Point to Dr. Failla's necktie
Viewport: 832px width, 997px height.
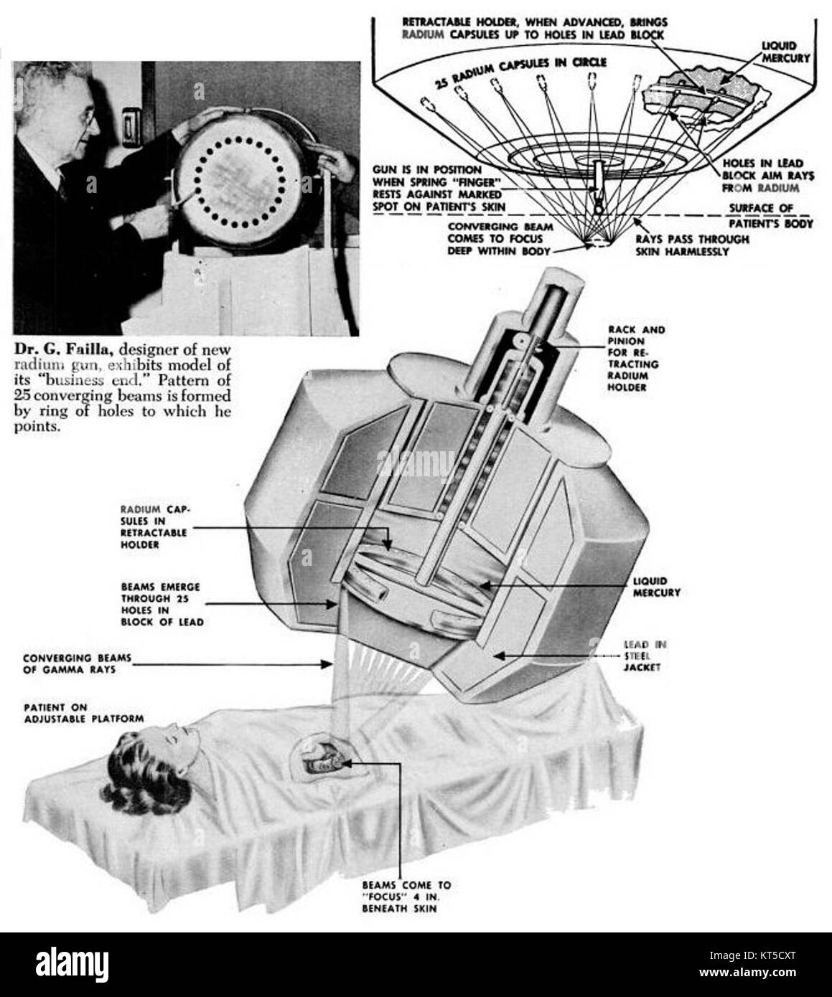pyautogui.click(x=62, y=188)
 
